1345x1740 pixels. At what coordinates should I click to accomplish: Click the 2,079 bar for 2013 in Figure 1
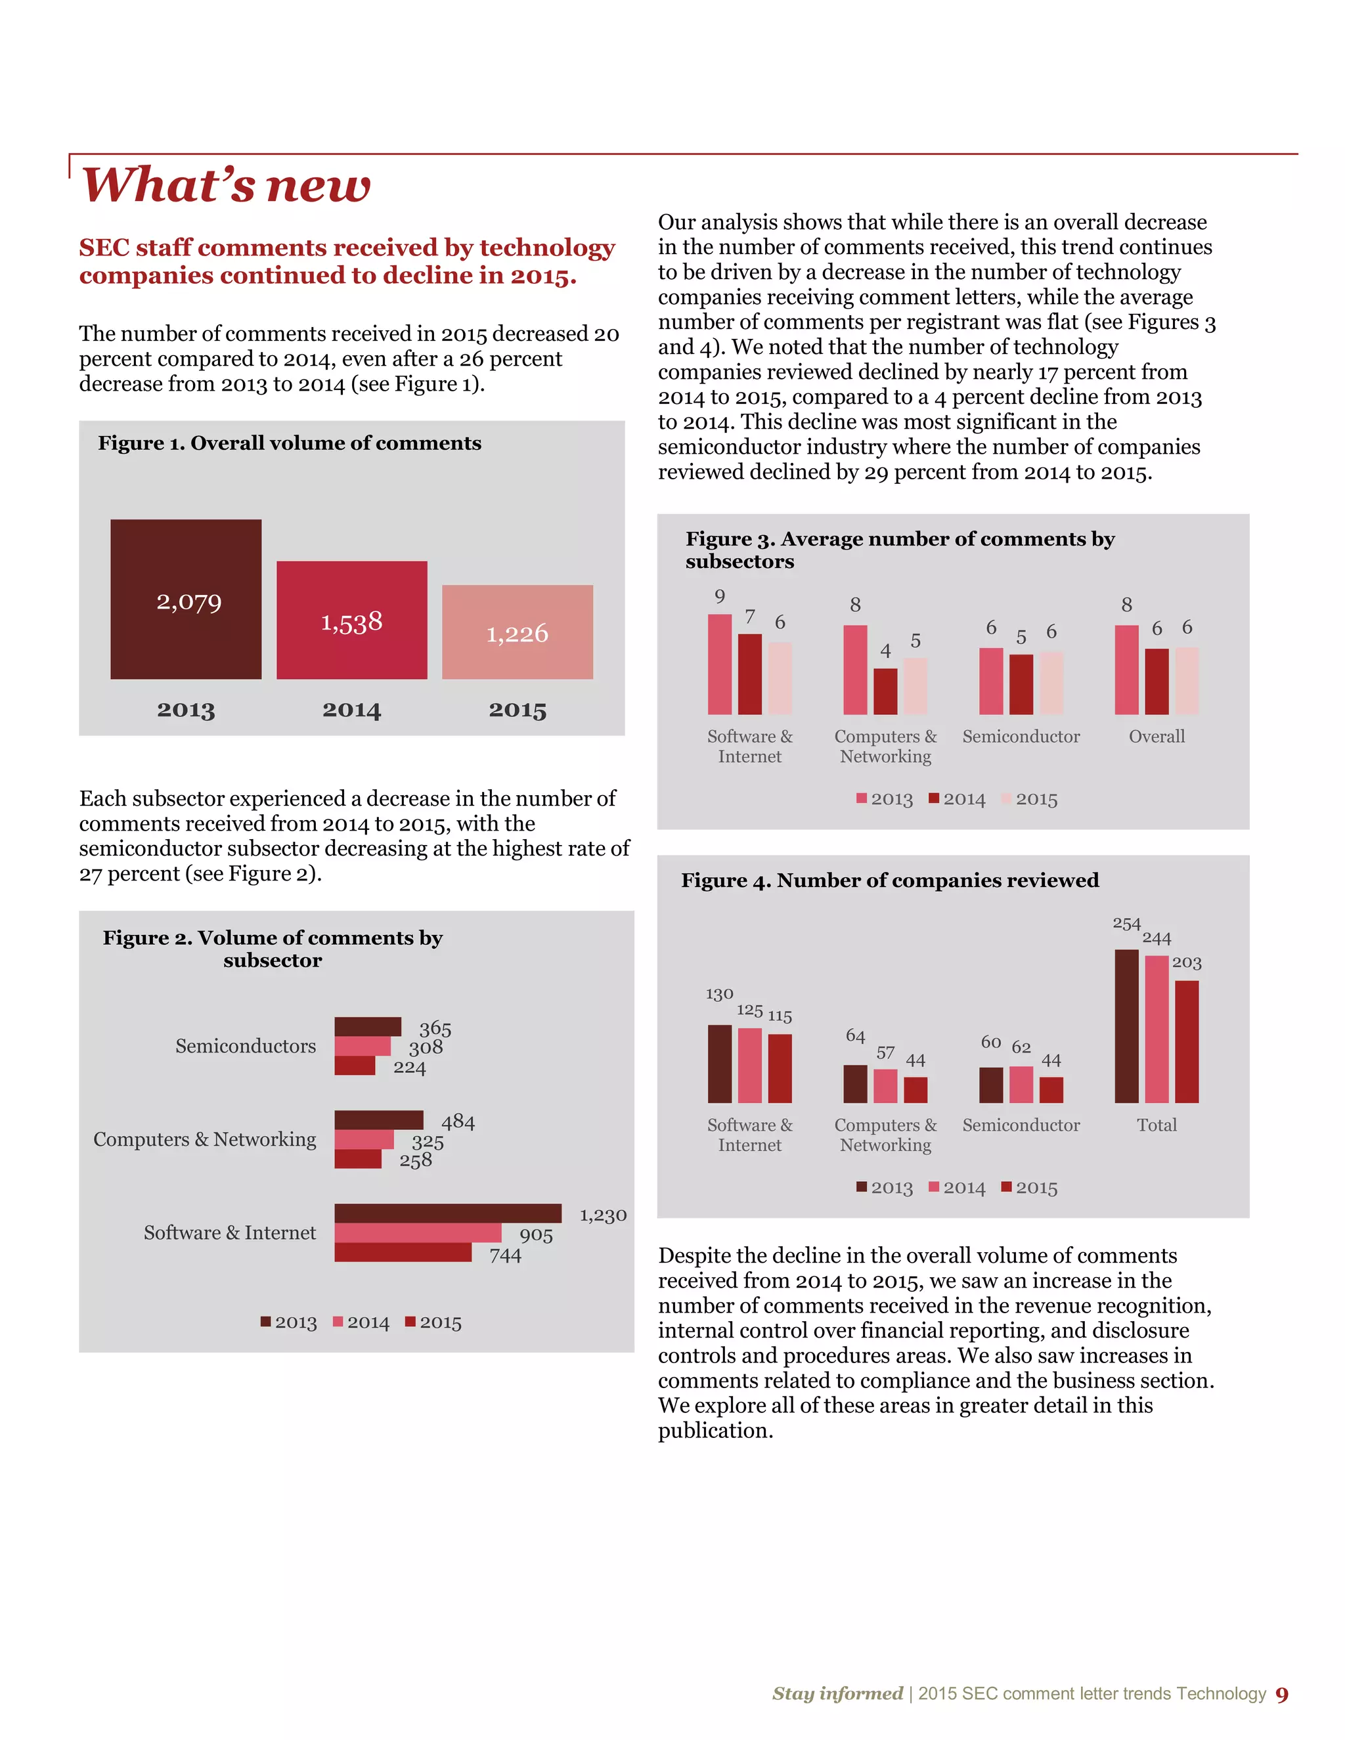(x=186, y=599)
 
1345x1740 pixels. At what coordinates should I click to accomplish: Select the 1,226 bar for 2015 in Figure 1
(x=517, y=632)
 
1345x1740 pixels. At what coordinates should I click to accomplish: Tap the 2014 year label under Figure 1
(x=351, y=710)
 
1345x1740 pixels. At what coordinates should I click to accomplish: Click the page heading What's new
(x=227, y=185)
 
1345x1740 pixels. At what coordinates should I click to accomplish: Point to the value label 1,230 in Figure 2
(x=602, y=1215)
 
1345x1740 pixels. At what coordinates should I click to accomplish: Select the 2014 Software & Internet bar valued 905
(x=418, y=1232)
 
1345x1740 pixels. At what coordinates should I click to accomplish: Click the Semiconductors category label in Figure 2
(x=246, y=1046)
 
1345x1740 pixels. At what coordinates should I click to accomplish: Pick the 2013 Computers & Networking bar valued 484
(x=378, y=1120)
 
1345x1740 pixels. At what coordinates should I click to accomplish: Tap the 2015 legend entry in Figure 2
(x=433, y=1322)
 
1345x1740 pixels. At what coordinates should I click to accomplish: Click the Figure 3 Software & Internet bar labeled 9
(x=720, y=664)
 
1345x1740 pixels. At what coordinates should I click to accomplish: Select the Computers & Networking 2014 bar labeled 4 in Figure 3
(x=885, y=691)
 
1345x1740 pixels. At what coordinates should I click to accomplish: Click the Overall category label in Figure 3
(x=1156, y=736)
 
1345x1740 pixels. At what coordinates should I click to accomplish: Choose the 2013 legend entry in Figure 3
(x=885, y=799)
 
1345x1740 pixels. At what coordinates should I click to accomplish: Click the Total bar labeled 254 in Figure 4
(x=1126, y=1026)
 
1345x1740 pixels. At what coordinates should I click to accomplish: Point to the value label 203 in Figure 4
(x=1187, y=963)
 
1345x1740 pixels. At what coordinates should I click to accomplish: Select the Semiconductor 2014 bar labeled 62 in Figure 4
(x=1021, y=1084)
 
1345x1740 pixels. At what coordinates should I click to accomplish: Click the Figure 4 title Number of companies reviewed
(x=889, y=881)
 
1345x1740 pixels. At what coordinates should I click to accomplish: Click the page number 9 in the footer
(x=1281, y=1695)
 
